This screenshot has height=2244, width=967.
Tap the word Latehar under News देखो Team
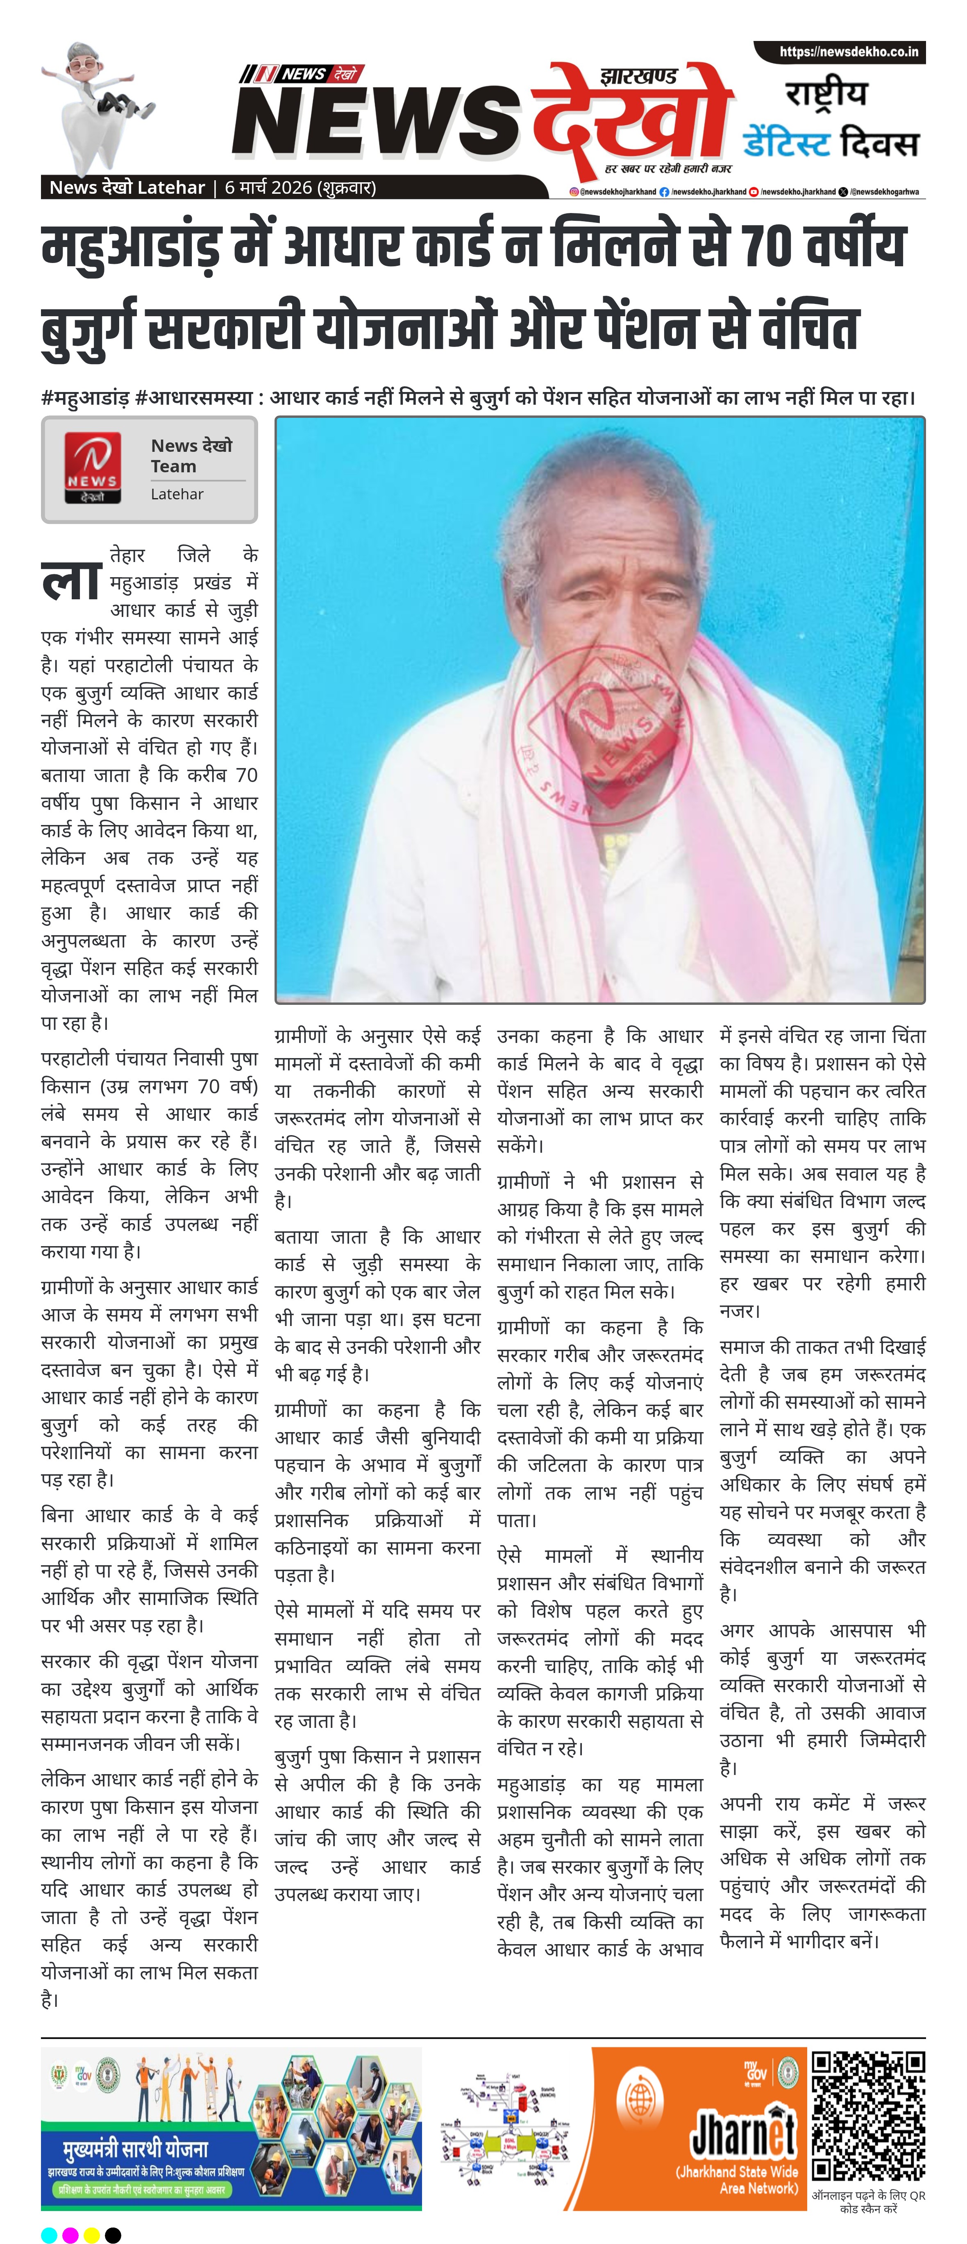tap(177, 494)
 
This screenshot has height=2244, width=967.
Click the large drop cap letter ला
tap(71, 579)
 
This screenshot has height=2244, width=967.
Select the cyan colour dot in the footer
tap(50, 2235)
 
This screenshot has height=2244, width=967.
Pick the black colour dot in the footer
tap(112, 2235)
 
